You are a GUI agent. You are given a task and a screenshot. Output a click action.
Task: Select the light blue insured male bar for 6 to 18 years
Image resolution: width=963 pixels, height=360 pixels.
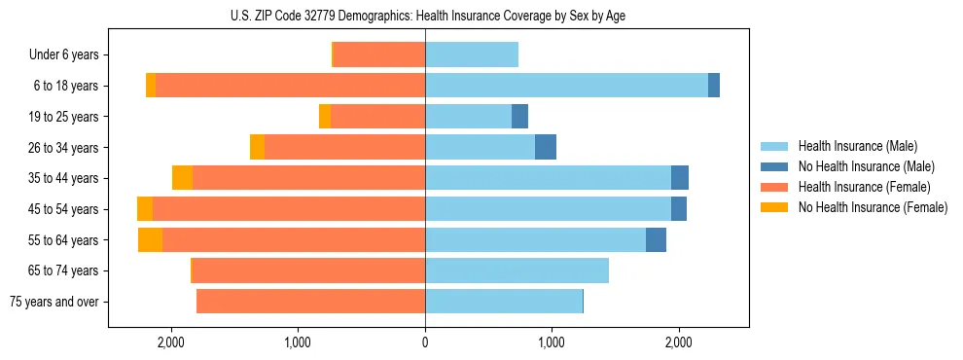566,86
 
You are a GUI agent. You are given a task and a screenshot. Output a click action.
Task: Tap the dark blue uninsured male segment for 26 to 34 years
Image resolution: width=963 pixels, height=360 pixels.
546,147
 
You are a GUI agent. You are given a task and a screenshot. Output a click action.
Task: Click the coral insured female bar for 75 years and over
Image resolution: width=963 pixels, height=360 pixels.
310,302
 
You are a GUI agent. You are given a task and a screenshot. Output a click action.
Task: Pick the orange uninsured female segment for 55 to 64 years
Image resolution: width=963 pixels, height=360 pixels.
150,240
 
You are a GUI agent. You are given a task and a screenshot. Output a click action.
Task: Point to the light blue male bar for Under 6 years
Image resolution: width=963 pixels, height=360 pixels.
472,54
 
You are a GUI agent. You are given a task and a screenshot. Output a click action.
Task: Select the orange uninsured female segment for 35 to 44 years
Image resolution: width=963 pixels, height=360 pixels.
182,178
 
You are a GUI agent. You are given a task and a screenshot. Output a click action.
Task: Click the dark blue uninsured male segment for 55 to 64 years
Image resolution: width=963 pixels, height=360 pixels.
656,240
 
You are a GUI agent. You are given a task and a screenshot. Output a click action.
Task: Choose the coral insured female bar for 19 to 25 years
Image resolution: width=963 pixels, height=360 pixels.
377,117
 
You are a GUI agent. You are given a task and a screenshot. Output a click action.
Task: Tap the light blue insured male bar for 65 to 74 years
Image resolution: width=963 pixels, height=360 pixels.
517,270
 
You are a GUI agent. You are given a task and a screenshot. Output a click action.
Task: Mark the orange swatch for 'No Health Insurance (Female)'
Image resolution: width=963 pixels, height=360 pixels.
774,207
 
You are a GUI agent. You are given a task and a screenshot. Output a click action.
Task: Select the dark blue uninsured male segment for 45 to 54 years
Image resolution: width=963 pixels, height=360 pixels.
679,209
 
